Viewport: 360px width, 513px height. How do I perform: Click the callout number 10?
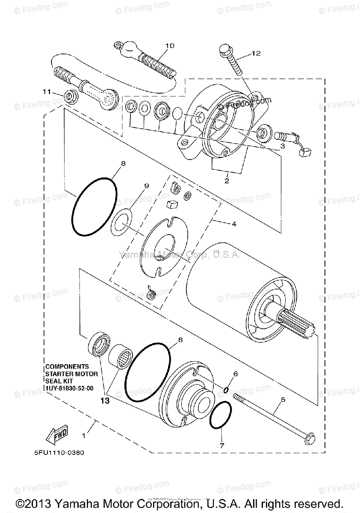(x=170, y=46)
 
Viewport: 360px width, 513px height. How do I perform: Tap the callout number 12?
(x=256, y=53)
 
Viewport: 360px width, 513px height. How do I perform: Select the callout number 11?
(x=47, y=91)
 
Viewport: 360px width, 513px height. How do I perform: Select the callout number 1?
(x=84, y=436)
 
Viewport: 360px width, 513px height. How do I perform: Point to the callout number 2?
(x=227, y=180)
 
